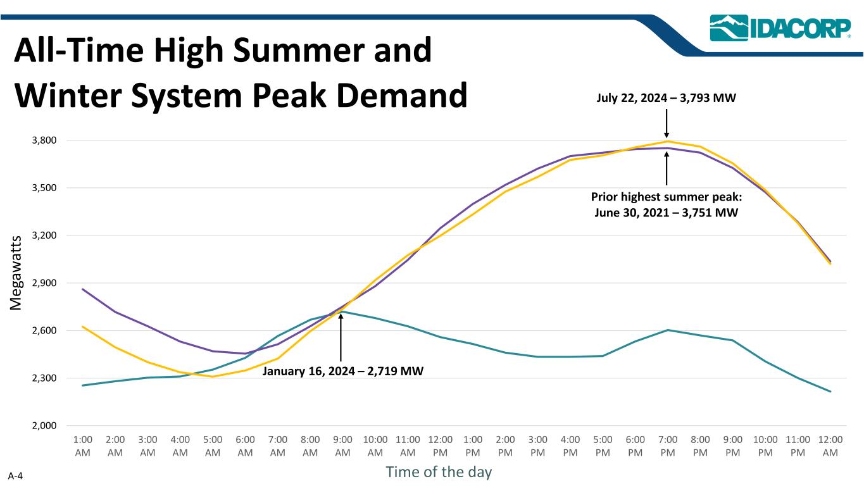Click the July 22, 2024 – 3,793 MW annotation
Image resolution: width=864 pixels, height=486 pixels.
[x=667, y=99]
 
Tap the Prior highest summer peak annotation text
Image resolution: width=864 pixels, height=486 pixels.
[x=667, y=204]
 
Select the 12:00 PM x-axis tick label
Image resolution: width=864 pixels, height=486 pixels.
[x=441, y=446]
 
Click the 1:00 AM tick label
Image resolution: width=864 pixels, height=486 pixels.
[x=83, y=446]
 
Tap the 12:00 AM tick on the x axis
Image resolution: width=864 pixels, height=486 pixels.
[x=830, y=446]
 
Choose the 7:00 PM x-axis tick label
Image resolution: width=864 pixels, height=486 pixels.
[x=668, y=446]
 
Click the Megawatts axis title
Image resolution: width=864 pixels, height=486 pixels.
[x=17, y=272]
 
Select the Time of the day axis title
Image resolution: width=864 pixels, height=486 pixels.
[x=439, y=472]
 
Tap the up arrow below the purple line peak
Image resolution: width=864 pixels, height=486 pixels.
[x=667, y=167]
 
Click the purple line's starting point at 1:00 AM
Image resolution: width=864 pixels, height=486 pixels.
[x=83, y=289]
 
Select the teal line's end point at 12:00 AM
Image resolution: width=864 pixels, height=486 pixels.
[x=830, y=392]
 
